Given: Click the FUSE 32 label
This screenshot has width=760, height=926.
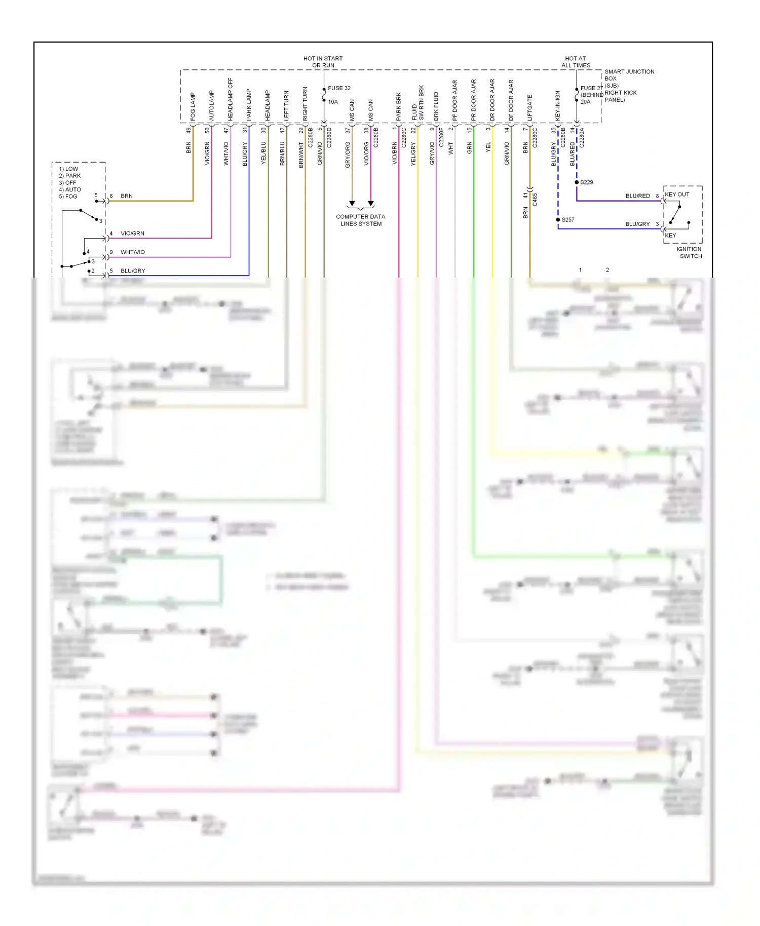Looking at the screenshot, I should tap(339, 88).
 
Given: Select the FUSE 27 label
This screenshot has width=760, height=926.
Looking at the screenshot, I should tap(591, 88).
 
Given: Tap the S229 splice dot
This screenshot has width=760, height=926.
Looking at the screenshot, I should tap(577, 182).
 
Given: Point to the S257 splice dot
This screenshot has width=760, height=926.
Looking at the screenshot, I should tap(558, 220).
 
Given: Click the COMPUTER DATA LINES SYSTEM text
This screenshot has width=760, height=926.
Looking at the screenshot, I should tap(360, 220).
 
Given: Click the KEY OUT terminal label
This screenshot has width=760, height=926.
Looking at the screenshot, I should tap(677, 195).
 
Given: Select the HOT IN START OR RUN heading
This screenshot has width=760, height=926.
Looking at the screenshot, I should tap(323, 62).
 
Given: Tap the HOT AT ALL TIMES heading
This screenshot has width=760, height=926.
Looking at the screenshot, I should tap(576, 62).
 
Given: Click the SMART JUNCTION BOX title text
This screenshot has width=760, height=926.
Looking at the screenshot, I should tap(629, 75).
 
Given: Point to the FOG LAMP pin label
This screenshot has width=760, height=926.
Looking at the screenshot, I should tap(193, 106).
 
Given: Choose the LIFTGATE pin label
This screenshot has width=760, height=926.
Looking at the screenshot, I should tap(530, 108).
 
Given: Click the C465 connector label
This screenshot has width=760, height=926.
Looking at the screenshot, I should tap(535, 200).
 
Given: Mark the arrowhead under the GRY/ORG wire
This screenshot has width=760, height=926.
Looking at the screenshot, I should tap(352, 204).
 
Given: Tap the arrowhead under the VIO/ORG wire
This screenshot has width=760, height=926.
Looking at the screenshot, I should tap(371, 204).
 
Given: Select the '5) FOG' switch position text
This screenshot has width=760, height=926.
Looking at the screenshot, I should tap(68, 197).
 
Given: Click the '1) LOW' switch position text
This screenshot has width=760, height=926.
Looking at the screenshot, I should tap(68, 169).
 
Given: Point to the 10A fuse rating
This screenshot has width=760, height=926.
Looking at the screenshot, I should tap(333, 102).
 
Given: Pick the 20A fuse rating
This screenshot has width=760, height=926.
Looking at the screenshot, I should tap(585, 102).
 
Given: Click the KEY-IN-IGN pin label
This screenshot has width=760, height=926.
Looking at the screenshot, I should tap(558, 105).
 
